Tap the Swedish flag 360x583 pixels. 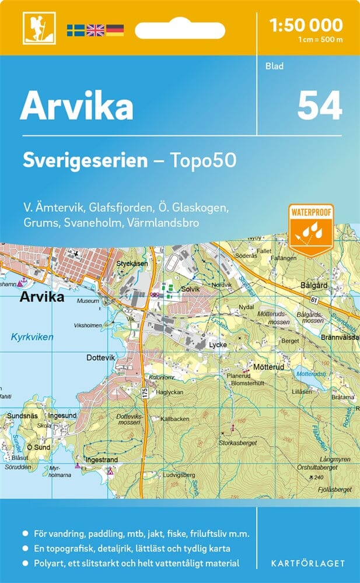[x=75, y=30]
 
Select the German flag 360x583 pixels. [x=115, y=30]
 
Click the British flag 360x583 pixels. [x=95, y=30]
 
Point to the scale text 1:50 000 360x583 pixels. [x=306, y=25]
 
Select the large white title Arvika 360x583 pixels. [x=76, y=107]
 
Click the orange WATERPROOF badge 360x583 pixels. [x=310, y=230]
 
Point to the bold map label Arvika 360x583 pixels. [x=41, y=297]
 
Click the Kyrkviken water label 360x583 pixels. [x=32, y=337]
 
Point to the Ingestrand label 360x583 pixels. [x=102, y=460]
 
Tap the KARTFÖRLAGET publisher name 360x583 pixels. [x=308, y=564]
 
